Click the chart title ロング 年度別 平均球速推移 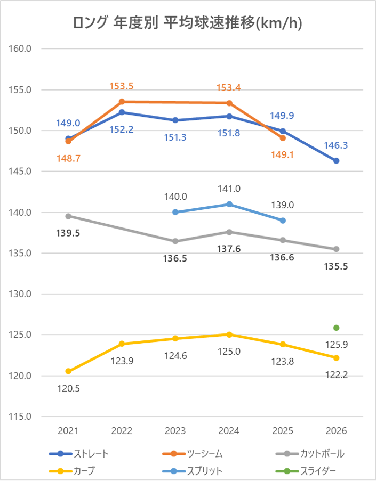(x=188, y=24)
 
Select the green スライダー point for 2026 (x=336, y=328)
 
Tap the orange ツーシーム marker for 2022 (x=122, y=102)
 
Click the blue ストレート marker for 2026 (x=336, y=161)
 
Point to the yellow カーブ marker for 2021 (x=68, y=371)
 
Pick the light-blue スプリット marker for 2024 (x=229, y=204)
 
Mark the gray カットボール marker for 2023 (x=175, y=241)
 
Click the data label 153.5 (x=122, y=86)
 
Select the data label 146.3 (x=336, y=145)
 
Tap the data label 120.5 (x=68, y=388)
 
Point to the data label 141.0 (x=229, y=189)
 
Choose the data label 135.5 (x=336, y=266)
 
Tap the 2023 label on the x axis (x=175, y=430)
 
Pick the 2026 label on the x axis (x=336, y=430)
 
